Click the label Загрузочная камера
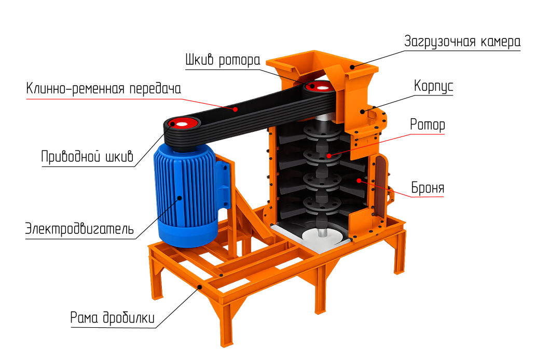tap(462, 41)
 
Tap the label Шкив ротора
tap(223, 60)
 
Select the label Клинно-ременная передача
tap(103, 88)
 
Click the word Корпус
tap(434, 86)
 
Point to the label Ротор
tap(427, 125)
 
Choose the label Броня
tap(428, 188)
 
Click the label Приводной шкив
tap(87, 156)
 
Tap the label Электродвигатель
tap(79, 229)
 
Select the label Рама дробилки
tap(112, 317)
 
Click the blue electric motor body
tap(186, 196)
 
